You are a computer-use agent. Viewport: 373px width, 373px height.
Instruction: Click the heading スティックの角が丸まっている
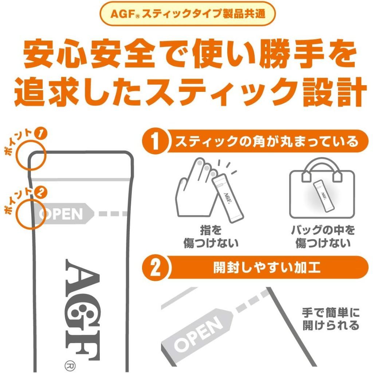[267, 142]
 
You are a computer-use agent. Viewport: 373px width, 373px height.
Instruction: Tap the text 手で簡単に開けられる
[330, 319]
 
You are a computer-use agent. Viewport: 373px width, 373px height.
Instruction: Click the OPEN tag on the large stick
[62, 213]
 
